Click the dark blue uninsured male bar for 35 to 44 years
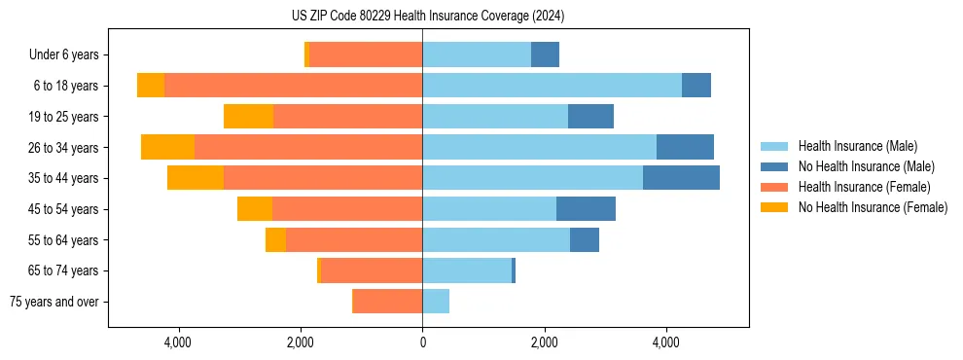681,178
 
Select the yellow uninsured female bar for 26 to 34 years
167,147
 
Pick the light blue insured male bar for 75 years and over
436,302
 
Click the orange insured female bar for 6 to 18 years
293,86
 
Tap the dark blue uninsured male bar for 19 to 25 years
590,117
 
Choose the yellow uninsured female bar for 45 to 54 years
255,209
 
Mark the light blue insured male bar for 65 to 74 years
467,270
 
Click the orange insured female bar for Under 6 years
365,55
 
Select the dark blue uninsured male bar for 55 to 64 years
585,239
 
